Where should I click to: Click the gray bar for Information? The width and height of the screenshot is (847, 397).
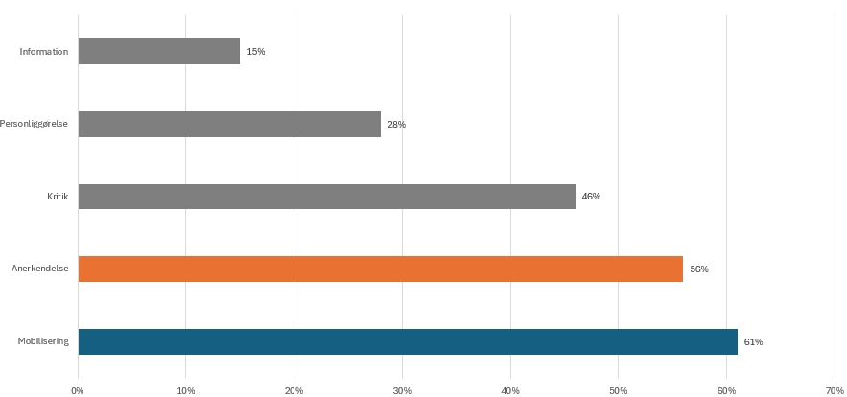pos(158,51)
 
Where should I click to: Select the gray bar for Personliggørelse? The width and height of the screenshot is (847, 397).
pos(229,124)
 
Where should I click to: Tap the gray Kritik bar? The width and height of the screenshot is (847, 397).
pos(326,197)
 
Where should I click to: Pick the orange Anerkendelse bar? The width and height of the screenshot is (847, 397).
pos(380,269)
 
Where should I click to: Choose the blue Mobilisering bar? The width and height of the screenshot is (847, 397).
pos(408,341)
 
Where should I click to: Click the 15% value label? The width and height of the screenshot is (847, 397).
pos(256,52)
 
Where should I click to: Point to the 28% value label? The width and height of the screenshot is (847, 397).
pos(396,125)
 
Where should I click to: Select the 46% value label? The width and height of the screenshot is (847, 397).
pos(591,197)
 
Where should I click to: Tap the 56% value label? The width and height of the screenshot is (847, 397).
pos(699,269)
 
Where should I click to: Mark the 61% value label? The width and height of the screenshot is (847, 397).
pos(753,342)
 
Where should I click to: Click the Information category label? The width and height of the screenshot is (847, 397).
pos(44,52)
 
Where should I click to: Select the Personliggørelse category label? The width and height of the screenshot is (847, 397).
pos(35,124)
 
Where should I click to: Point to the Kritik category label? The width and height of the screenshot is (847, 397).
pos(58,197)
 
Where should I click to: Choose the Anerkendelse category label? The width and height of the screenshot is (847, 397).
pos(40,269)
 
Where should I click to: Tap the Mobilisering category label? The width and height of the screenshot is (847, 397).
pos(43,342)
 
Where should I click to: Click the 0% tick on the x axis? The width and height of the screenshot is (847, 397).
pos(78,390)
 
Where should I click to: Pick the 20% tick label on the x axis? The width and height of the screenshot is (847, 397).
pos(294,390)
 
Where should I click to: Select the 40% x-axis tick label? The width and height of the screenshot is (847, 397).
pos(510,390)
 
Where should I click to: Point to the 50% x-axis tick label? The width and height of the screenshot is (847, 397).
pos(618,390)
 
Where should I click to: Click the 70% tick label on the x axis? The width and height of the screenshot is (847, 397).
pos(834,390)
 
